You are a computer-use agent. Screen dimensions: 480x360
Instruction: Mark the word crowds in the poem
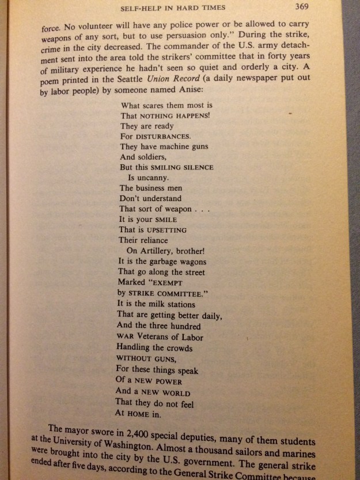coord(176,347)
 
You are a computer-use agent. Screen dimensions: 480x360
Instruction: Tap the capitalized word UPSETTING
coord(165,230)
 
